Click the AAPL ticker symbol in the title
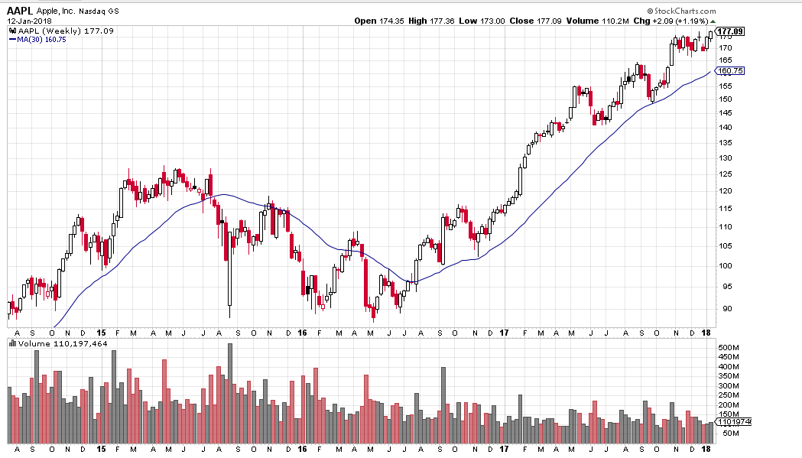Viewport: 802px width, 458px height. coord(21,11)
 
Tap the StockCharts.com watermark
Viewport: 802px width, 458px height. coord(680,11)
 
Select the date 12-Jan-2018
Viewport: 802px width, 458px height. coord(25,21)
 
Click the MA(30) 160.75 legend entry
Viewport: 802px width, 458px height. coord(37,39)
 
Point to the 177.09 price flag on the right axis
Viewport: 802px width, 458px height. coord(729,31)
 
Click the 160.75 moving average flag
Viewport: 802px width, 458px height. coord(729,70)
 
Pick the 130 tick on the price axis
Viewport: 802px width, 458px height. coord(724,158)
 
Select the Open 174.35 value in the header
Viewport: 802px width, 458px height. coord(378,21)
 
